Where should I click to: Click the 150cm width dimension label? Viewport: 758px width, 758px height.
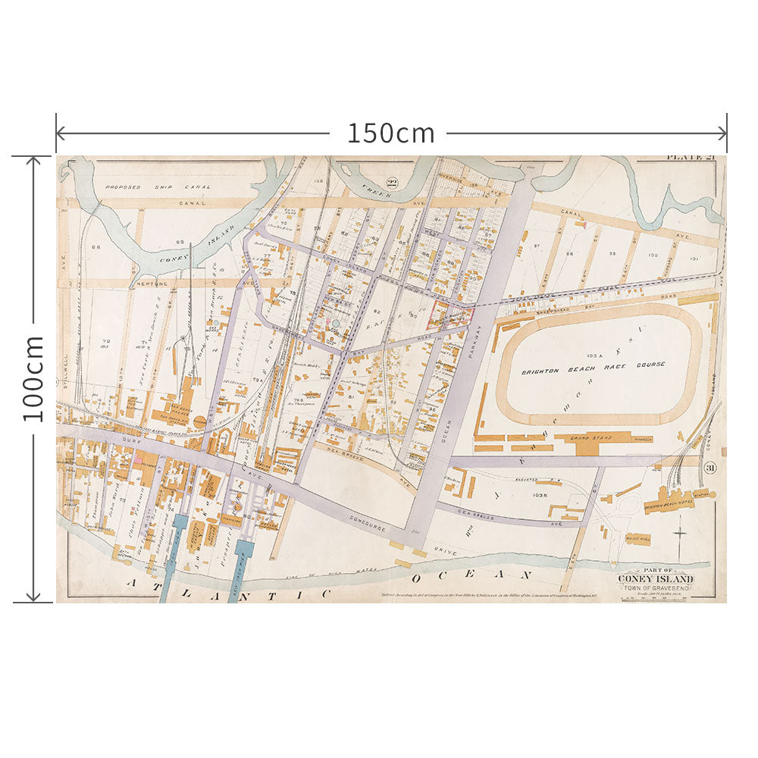pos(390,133)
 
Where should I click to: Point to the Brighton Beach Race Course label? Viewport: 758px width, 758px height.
pos(594,365)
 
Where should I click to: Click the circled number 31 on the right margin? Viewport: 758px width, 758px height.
pos(709,468)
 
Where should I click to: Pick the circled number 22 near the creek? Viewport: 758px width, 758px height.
pos(392,181)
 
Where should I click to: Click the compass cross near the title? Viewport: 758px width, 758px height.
pos(680,532)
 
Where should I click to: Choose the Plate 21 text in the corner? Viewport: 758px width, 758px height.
pos(690,158)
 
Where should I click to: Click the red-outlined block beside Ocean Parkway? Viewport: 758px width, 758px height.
pos(450,315)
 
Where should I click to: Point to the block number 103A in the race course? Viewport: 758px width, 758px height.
pos(593,355)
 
